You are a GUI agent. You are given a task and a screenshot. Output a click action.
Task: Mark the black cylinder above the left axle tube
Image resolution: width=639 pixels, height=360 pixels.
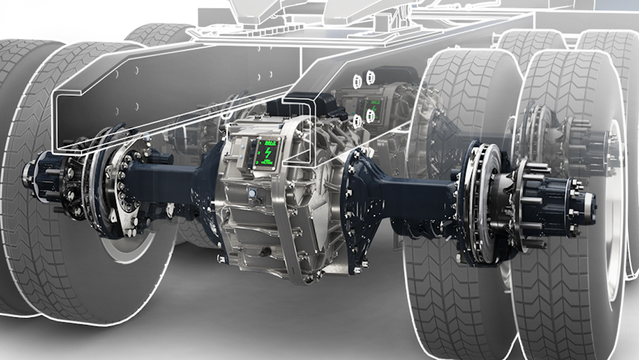click(160, 157)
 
